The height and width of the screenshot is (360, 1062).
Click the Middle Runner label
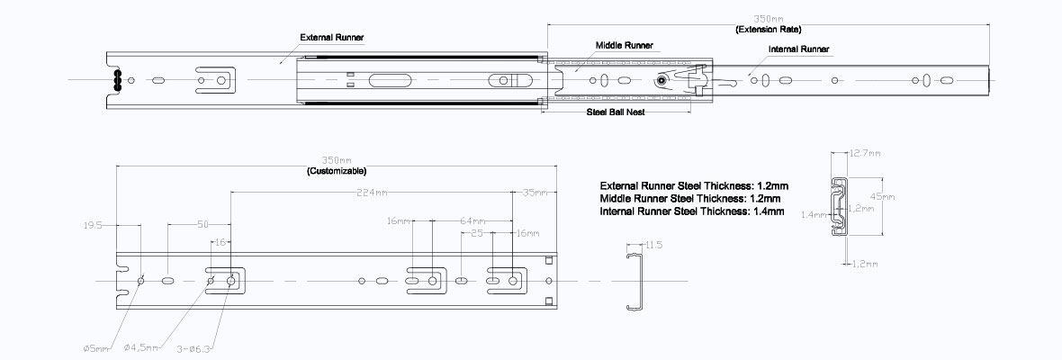(624, 43)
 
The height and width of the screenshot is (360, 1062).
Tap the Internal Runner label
(799, 49)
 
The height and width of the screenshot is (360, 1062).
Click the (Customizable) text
(337, 170)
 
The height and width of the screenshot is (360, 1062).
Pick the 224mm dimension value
(371, 192)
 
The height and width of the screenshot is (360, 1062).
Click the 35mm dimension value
(533, 192)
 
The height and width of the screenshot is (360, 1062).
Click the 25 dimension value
(476, 233)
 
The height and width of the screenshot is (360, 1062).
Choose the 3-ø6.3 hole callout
(195, 347)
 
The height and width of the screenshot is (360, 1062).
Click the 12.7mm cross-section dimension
(863, 153)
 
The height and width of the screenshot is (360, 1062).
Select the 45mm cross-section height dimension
(884, 196)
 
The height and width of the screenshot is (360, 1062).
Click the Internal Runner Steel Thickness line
(691, 211)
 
